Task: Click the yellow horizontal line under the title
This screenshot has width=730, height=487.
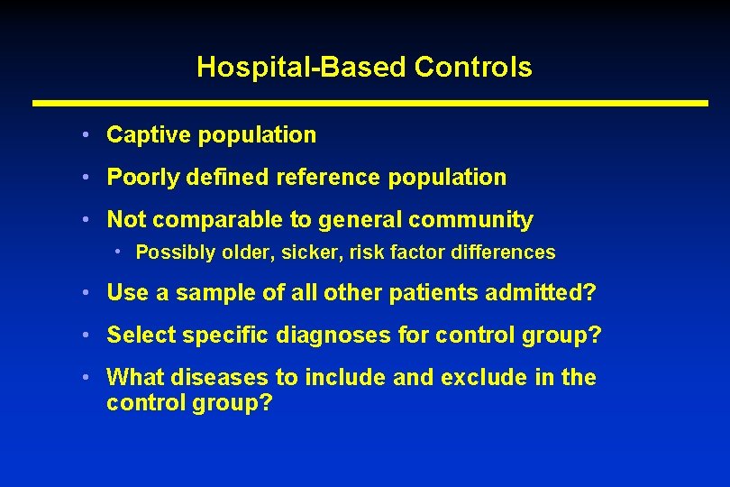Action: pyautogui.click(x=370, y=104)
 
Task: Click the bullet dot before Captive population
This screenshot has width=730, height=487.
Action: pyautogui.click(x=83, y=135)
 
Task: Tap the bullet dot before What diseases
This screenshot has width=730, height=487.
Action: pyautogui.click(x=83, y=377)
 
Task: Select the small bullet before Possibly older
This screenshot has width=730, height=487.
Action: pyautogui.click(x=118, y=252)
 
